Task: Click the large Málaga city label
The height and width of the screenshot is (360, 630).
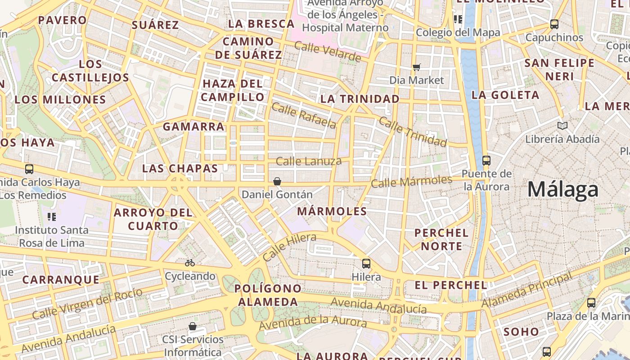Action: click(563, 189)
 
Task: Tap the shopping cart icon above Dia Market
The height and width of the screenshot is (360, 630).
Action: click(416, 67)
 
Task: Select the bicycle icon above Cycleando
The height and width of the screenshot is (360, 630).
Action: click(190, 263)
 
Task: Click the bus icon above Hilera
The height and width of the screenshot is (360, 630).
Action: click(366, 264)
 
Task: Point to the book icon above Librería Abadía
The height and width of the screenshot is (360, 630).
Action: click(562, 126)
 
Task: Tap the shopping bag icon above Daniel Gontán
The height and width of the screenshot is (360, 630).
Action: click(277, 181)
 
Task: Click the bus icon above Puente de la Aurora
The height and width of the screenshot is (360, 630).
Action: click(486, 160)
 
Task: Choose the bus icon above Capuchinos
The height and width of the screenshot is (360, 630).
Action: click(554, 24)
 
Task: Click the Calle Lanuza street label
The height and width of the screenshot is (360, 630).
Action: click(309, 161)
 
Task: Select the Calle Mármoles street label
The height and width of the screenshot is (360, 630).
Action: click(411, 181)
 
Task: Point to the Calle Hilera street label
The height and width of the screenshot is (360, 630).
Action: click(289, 247)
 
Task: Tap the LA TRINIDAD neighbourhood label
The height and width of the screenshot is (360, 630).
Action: click(360, 99)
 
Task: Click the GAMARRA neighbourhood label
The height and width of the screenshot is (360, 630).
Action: click(193, 126)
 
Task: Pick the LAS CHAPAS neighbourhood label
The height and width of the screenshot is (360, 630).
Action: click(180, 168)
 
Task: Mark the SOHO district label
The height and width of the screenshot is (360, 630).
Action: click(521, 332)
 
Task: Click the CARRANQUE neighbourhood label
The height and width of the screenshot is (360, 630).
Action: click(61, 279)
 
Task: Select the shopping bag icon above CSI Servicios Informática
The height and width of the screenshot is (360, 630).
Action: click(193, 326)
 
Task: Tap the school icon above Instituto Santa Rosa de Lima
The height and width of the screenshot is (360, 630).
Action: click(52, 217)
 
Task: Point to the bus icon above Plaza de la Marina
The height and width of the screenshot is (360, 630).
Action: click(591, 303)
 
